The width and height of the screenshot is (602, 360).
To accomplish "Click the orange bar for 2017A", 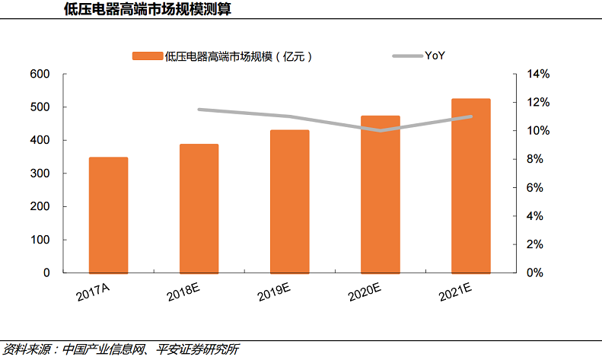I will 108,215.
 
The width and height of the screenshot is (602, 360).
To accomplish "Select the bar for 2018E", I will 199,208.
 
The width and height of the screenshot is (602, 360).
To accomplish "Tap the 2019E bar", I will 289,201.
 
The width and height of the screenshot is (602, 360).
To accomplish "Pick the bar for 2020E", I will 380,194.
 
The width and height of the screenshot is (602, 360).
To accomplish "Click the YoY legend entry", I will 435,56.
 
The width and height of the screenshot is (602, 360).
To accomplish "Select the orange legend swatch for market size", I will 148,56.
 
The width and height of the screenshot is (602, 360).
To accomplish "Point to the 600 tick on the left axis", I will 40,74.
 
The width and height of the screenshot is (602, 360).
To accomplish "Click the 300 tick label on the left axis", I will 40,174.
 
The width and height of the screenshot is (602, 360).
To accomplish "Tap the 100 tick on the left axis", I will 40,240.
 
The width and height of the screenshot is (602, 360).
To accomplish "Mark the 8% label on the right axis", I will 535,159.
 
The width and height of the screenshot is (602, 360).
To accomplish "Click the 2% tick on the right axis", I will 535,244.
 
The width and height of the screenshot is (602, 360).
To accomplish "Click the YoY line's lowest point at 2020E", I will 380,130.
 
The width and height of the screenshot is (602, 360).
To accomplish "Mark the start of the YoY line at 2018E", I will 199,110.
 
